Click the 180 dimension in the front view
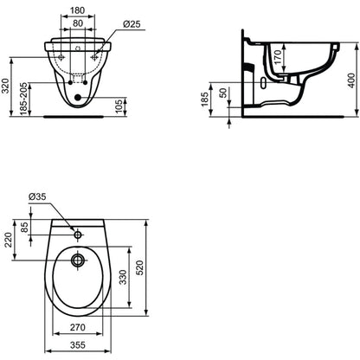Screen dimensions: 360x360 [x=78, y=10]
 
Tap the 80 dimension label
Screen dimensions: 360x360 [x=78, y=23]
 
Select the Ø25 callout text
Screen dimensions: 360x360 [x=132, y=24]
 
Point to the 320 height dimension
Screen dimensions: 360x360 [x=6, y=87]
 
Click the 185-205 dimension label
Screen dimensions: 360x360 [x=24, y=99]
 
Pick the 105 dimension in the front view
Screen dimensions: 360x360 [x=119, y=106]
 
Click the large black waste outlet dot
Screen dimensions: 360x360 [x=77, y=98]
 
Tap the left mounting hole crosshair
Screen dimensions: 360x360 [x=61, y=57]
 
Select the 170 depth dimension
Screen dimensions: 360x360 [x=278, y=57]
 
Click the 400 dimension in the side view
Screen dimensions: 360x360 [x=351, y=80]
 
